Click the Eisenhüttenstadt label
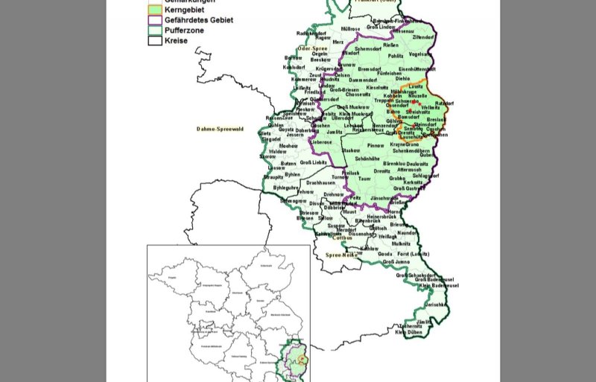pos(417,69)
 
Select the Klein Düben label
pos(410,332)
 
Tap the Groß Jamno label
pos(396,262)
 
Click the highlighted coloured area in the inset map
pos(299,361)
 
